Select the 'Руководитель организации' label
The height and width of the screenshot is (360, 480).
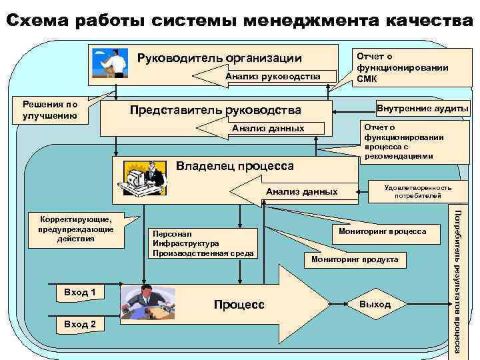(219, 58)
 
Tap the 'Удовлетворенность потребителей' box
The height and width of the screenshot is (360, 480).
(417, 192)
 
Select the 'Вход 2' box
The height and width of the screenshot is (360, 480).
(79, 324)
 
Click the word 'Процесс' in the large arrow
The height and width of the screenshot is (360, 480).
(239, 305)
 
